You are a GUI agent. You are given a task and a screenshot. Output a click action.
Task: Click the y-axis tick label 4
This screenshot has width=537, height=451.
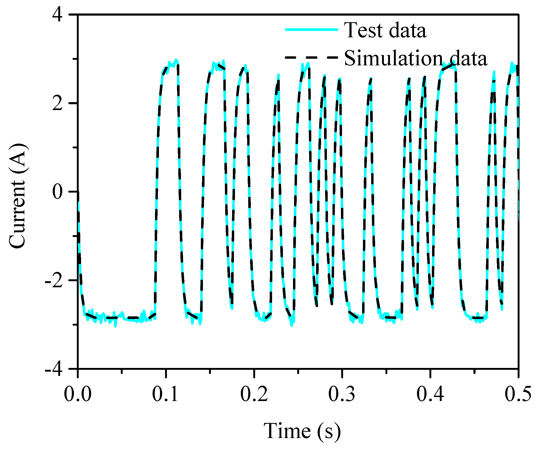click(x=57, y=15)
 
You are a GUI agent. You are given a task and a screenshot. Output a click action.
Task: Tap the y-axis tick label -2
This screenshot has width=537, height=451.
click(x=54, y=280)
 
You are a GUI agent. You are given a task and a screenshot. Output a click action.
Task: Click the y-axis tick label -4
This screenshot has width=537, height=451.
click(x=54, y=369)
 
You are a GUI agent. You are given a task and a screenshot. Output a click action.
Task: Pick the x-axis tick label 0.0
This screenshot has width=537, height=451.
click(x=78, y=394)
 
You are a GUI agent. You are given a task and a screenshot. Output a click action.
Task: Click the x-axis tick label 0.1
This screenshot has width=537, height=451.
click(x=166, y=394)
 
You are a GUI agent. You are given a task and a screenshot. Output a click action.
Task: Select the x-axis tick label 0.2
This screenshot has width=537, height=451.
click(x=254, y=394)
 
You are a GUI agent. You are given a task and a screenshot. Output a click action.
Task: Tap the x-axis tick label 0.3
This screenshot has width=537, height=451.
click(x=342, y=394)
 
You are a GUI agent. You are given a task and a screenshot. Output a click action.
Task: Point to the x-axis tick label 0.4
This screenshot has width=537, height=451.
click(x=430, y=394)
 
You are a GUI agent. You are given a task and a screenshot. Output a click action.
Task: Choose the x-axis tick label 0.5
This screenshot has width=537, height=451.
click(x=518, y=394)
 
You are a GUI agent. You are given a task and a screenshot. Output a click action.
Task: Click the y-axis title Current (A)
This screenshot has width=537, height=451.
click(x=18, y=196)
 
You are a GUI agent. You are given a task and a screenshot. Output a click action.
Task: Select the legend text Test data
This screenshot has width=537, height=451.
click(x=385, y=30)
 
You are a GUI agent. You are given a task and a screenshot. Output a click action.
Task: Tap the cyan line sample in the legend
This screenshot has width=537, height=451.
click(x=312, y=30)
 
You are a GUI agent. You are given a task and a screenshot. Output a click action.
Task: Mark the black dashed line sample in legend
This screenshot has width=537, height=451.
click(x=312, y=57)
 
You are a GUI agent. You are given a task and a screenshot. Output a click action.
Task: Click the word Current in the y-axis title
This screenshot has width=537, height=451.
click(x=18, y=214)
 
